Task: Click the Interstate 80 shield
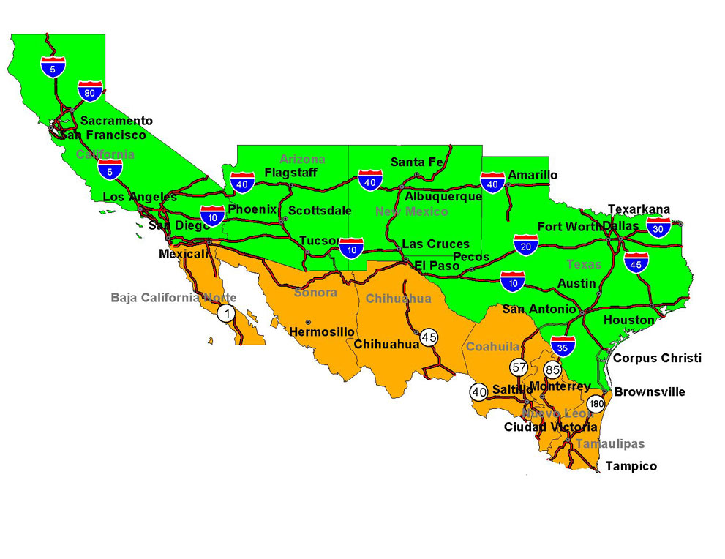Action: coord(89,91)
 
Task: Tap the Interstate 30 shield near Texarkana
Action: coord(658,228)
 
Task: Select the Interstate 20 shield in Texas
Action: coord(525,246)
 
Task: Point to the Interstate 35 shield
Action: coord(563,347)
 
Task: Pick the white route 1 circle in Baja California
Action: coord(227,313)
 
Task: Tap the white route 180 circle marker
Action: coord(596,403)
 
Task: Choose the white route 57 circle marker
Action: coord(519,367)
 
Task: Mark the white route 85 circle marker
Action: coord(552,369)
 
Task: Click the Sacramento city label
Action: coord(116,121)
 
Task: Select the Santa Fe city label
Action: coord(417,162)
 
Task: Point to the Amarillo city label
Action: coord(533,175)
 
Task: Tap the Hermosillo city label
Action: coord(322,331)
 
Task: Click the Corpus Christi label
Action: coord(657,358)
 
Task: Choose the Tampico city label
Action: coord(631,466)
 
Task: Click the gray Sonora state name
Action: coord(315,293)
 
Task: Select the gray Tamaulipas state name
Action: coord(609,443)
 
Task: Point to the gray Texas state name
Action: coord(583,264)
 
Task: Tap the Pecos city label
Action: coord(471,256)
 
